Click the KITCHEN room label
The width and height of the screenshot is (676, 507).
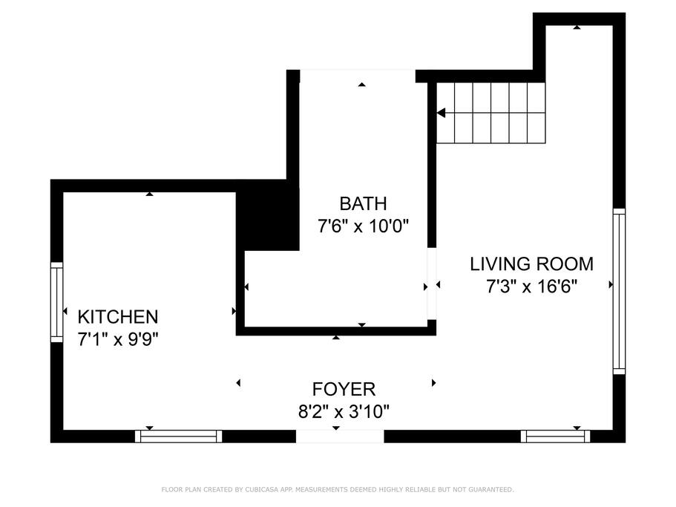coord(118,317)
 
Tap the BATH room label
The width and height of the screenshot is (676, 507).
coord(363,203)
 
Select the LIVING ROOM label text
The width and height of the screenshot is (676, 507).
coord(531,264)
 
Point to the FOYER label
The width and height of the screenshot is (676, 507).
coord(344,389)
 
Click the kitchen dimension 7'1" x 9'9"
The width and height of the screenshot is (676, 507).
coord(118,339)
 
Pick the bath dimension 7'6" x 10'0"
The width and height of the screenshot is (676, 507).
coord(363,226)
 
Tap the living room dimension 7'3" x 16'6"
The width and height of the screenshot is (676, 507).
coord(531,287)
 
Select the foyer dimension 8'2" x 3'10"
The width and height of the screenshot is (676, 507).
coord(344,412)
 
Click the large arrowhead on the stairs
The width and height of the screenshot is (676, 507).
coord(441,113)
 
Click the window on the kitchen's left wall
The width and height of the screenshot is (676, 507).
coord(57,302)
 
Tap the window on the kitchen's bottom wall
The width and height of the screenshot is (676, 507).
coord(179,436)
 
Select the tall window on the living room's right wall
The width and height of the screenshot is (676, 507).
coord(619,292)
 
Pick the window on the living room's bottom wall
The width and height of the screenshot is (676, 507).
coord(555,436)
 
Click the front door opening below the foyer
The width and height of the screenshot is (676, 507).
coord(340,436)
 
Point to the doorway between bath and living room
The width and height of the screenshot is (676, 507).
coord(432,284)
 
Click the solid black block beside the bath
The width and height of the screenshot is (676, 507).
coord(268,215)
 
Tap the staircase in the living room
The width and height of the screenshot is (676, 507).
coord(491,113)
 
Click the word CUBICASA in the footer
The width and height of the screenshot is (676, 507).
coord(262,490)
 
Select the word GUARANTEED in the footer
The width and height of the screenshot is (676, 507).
coord(490,490)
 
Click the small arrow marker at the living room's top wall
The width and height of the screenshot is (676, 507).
coord(577,27)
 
